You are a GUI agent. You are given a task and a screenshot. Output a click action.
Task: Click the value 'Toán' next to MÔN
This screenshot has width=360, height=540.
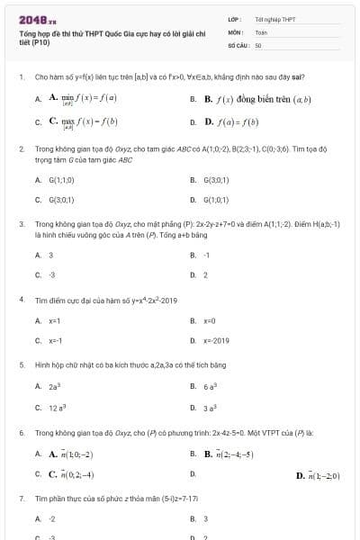pos(261,31)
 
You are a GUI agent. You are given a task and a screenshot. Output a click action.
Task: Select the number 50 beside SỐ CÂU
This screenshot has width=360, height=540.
pos(258,43)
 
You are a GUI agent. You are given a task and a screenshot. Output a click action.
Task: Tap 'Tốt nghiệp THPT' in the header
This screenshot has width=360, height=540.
pos(275,19)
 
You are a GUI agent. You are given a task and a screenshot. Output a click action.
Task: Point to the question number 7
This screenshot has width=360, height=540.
pos(21,497)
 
